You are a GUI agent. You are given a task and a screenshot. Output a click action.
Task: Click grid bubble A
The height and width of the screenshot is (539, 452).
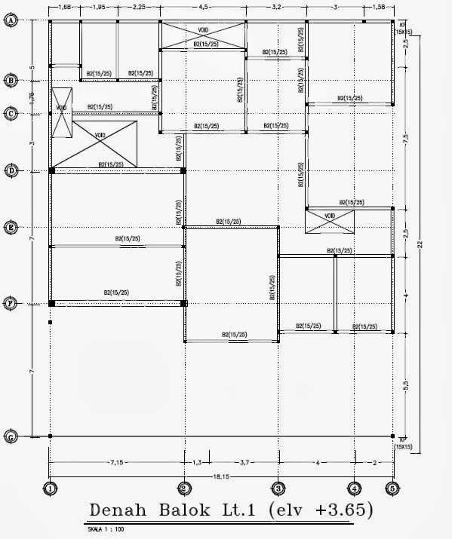(11, 21)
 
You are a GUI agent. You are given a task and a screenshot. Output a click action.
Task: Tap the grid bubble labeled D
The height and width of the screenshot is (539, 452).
(11, 170)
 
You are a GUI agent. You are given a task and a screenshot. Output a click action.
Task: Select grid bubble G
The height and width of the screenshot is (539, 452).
(11, 436)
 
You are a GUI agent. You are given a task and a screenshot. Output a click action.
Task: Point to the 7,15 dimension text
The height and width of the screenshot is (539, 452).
(116, 460)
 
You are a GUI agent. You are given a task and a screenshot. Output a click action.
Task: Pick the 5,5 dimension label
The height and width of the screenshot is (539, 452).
(406, 384)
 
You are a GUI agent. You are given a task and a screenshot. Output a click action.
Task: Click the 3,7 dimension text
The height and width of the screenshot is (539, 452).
(232, 460)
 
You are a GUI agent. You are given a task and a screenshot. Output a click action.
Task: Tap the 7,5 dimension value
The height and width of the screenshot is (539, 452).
(406, 139)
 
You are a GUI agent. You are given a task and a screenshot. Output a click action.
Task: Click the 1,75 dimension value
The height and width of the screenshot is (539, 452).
(32, 96)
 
